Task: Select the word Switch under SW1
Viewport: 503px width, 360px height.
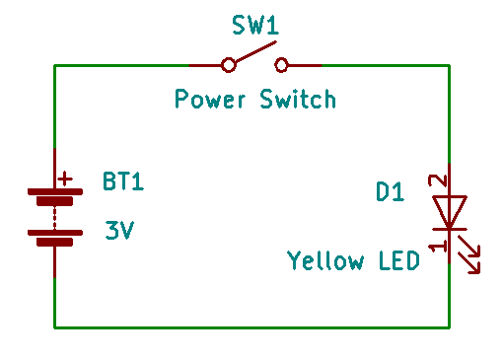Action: (x=298, y=99)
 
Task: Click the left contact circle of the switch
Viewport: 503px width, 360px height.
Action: (x=229, y=65)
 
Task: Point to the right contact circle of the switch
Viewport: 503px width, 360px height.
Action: (x=282, y=65)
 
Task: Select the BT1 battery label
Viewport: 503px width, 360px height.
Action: (x=123, y=181)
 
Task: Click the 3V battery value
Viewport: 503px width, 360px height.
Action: (x=119, y=232)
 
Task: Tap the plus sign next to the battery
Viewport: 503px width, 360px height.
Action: (x=65, y=179)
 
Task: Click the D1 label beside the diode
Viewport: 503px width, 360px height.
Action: (x=391, y=192)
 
